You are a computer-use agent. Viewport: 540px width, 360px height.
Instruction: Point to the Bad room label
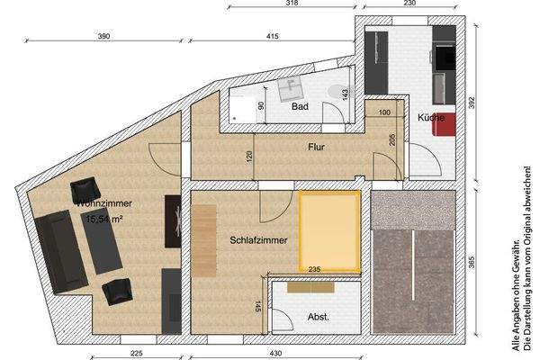click(x=301, y=106)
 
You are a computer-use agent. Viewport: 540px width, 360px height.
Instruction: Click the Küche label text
click(x=428, y=118)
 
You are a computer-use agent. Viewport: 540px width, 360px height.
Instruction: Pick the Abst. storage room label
click(x=318, y=317)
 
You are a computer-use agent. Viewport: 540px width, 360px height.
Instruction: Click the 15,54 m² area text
click(x=103, y=218)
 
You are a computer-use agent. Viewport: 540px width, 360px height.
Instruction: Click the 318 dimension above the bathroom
click(x=291, y=4)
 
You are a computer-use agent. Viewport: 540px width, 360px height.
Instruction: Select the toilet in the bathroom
click(x=335, y=90)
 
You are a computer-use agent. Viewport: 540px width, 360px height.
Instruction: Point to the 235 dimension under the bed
click(x=314, y=268)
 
